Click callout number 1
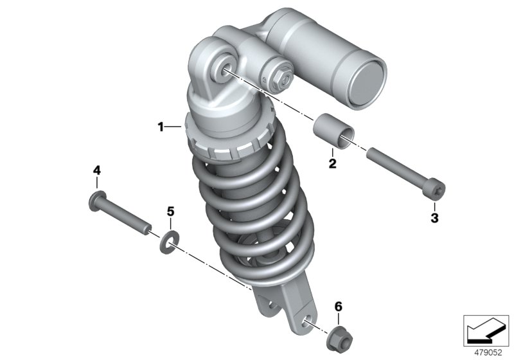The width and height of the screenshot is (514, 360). coord(161,127)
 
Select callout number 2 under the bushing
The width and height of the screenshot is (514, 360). coord(333,163)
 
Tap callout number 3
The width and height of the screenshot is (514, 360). coord(435,218)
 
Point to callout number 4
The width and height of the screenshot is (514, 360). coord(97,170)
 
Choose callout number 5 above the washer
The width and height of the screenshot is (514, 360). coord(170,212)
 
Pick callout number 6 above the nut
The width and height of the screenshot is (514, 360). coord(339,307)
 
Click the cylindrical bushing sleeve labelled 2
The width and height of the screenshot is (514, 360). coord(334,131)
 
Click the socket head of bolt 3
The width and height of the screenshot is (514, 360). coord(436,191)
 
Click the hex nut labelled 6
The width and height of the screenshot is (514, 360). coord(340,338)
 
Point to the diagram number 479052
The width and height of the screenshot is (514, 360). coord(488,353)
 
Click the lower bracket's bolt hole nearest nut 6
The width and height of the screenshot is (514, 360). coord(308,321)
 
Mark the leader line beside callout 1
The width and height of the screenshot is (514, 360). coord(173,127)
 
